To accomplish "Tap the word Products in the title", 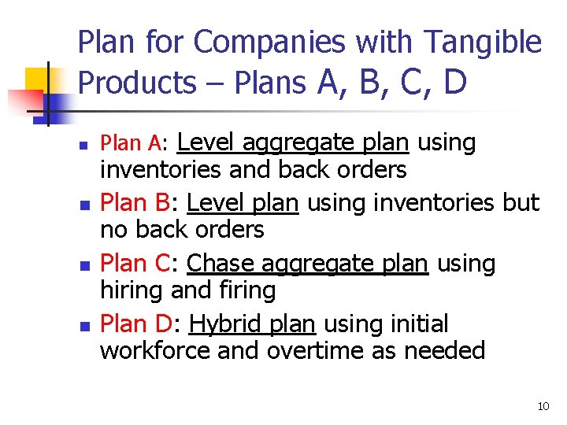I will [x=137, y=82].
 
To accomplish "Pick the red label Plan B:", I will [x=140, y=202].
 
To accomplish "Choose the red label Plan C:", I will [x=140, y=263].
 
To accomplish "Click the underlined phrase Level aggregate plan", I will [x=294, y=143].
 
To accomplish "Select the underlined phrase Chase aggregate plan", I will [x=308, y=263].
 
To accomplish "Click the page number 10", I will [x=543, y=406].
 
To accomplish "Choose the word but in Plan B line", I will [x=521, y=202].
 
